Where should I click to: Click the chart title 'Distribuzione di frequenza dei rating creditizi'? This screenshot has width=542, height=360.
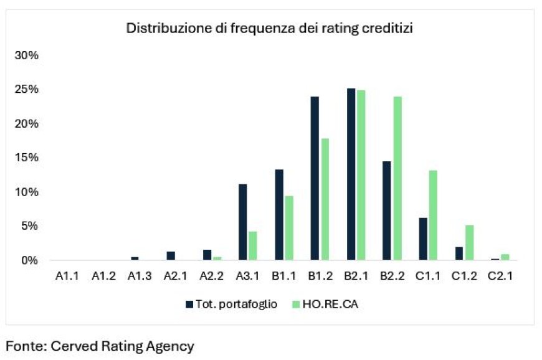tap(270, 29)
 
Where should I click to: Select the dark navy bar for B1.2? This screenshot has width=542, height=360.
tap(315, 178)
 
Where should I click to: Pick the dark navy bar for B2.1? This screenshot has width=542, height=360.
tap(351, 174)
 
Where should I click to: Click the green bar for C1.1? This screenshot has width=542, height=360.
tap(432, 215)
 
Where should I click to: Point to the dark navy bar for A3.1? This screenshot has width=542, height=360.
tap(243, 222)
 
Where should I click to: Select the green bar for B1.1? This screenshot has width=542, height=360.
tap(288, 227)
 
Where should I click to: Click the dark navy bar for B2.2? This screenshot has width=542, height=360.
tap(387, 211)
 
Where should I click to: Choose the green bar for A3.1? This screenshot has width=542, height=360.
tap(252, 245)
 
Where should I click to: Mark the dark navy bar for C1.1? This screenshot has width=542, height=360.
tap(423, 239)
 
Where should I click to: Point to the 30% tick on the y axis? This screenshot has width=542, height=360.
tap(26, 55)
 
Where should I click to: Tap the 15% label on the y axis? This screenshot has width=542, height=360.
tap(26, 158)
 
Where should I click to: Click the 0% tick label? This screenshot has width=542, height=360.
tap(29, 260)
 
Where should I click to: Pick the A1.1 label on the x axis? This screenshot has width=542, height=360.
tap(67, 277)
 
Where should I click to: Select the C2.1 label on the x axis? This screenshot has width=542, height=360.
tap(500, 277)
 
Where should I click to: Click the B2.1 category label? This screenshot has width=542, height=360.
tap(356, 277)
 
